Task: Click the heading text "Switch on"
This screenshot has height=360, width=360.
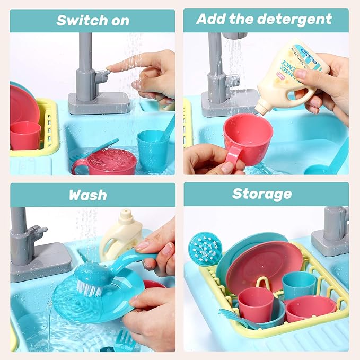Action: pos(93,21)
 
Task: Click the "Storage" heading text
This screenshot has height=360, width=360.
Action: pos(262,194)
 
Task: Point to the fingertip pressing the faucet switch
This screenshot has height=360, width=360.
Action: pos(110,69)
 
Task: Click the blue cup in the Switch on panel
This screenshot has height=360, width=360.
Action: pos(153,150)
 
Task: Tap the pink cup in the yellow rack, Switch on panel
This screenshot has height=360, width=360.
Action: pos(25,135)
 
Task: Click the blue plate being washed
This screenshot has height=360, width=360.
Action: pos(95,297)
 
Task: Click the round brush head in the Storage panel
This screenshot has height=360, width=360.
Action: pos(206,249)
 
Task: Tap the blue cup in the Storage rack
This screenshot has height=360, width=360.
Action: pos(298,285)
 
